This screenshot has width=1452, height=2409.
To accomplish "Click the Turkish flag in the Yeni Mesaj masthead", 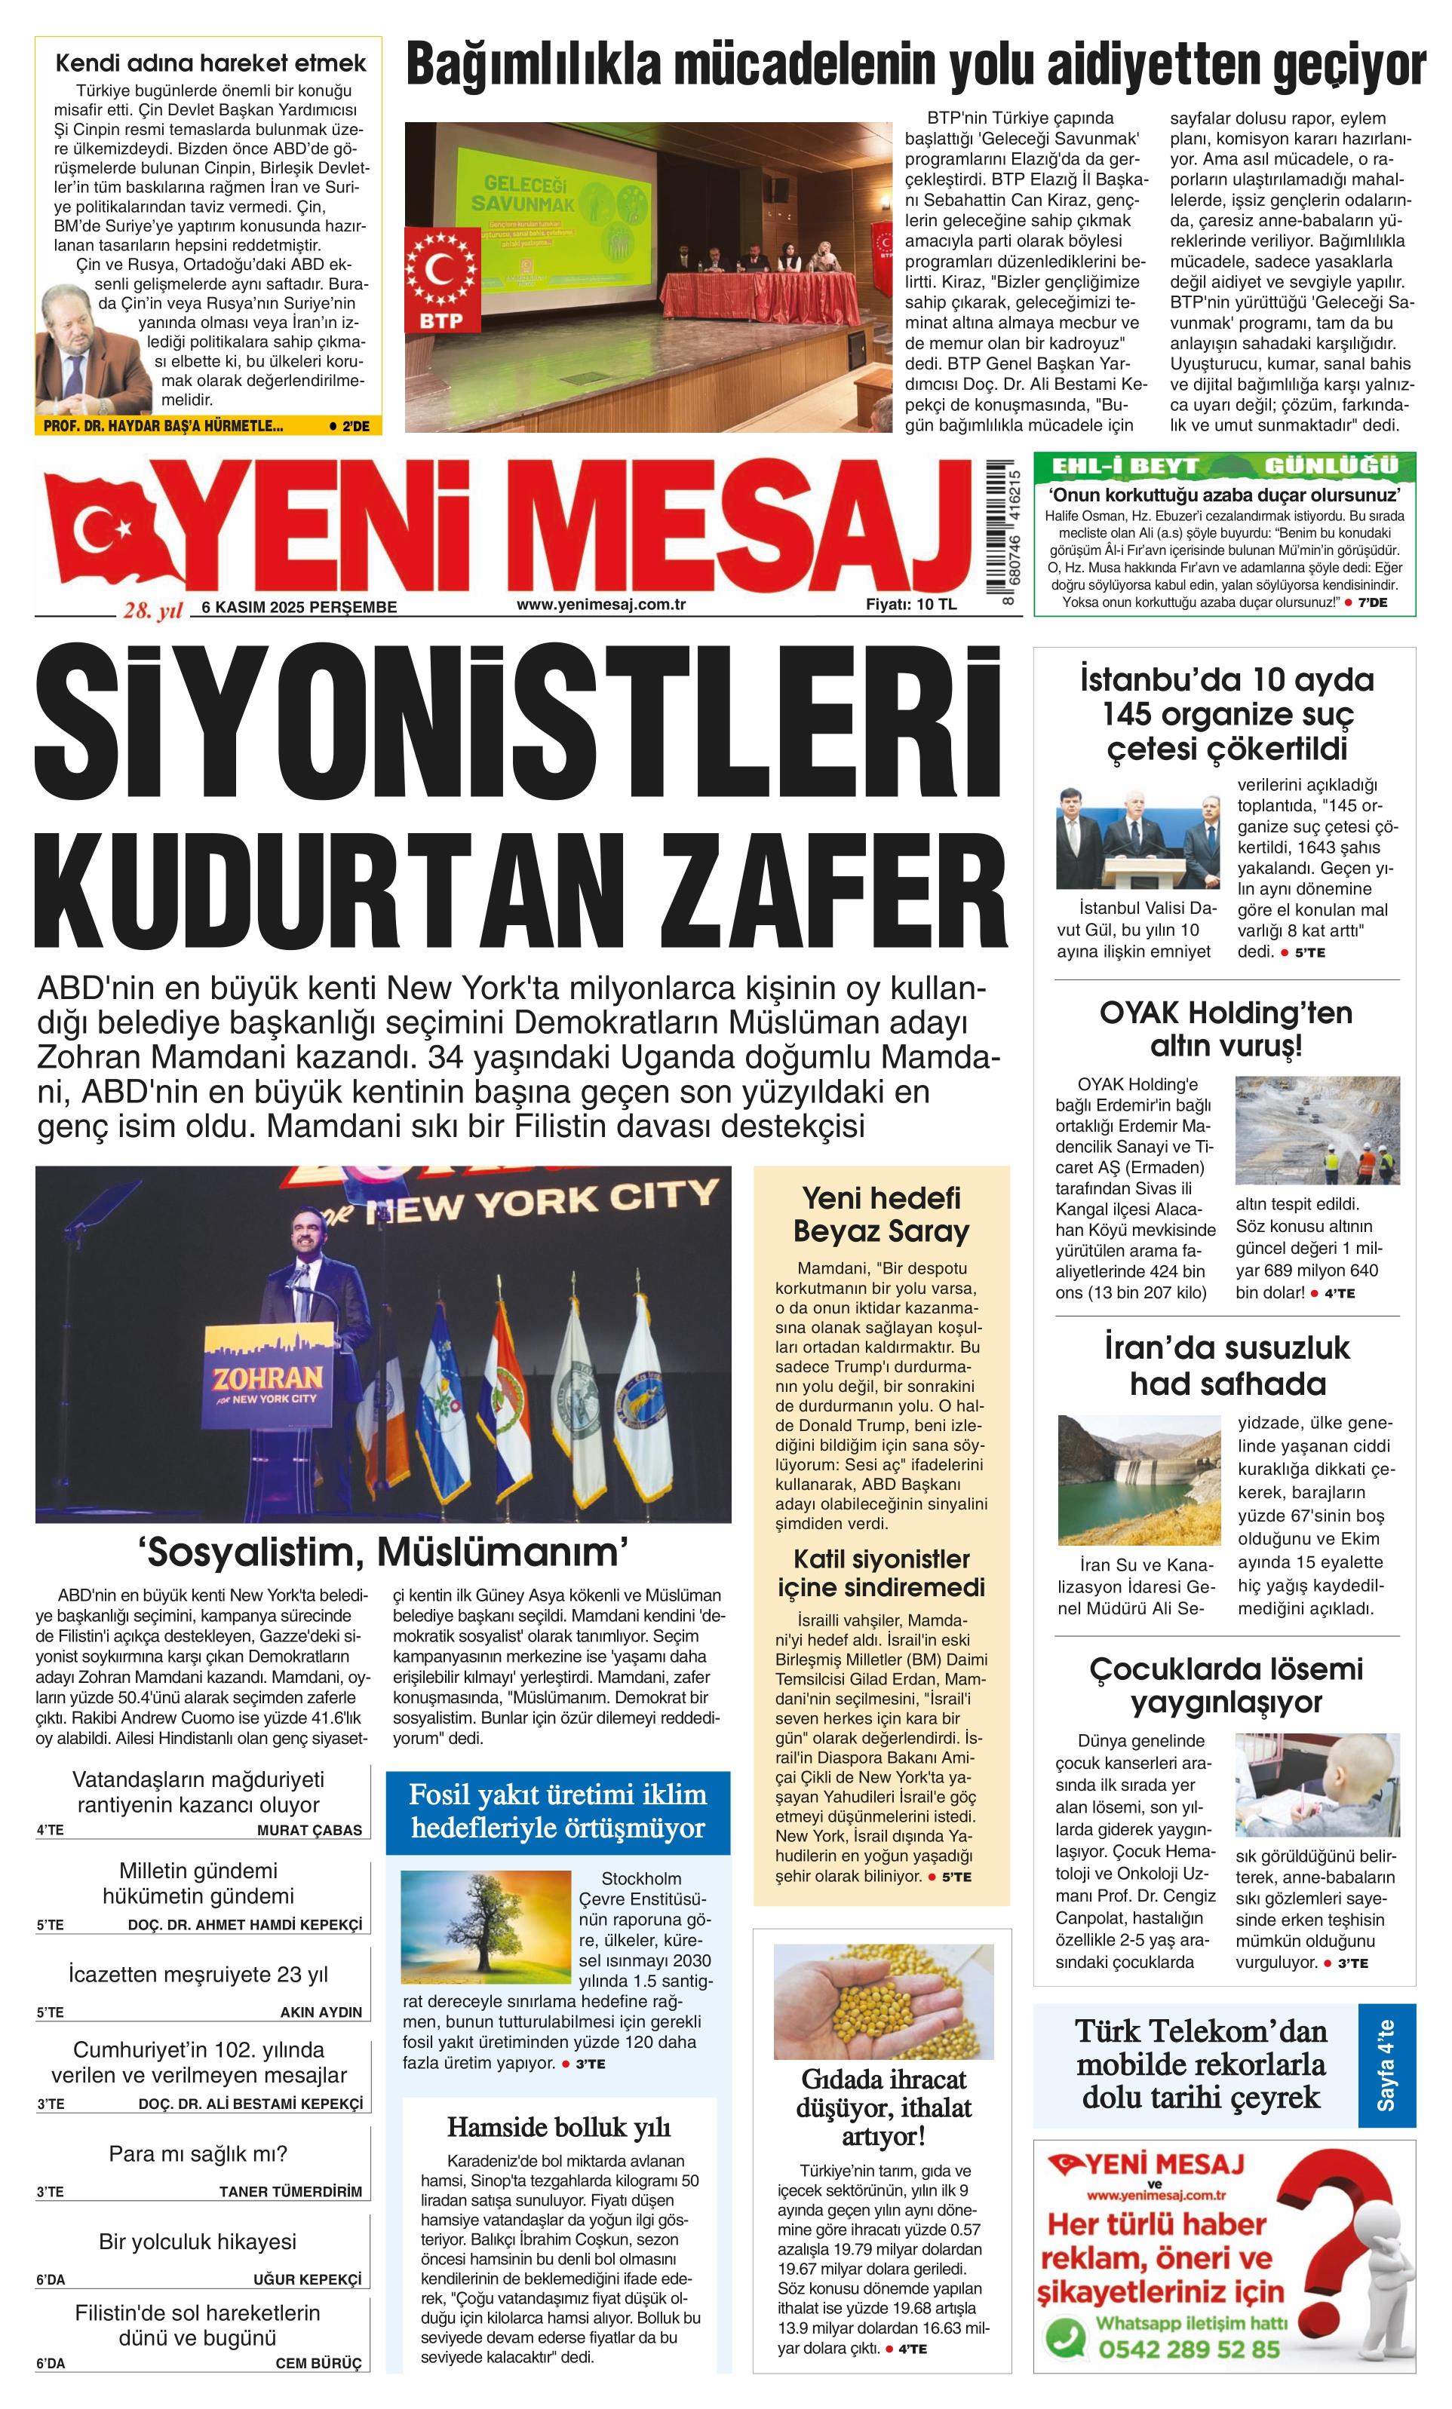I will pos(108,533).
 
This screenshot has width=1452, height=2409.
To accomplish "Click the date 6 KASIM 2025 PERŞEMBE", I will pos(299,607).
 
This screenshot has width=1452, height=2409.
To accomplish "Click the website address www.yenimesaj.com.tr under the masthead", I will pos(600,604).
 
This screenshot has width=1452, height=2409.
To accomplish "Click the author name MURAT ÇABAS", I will pos(309,1830).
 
